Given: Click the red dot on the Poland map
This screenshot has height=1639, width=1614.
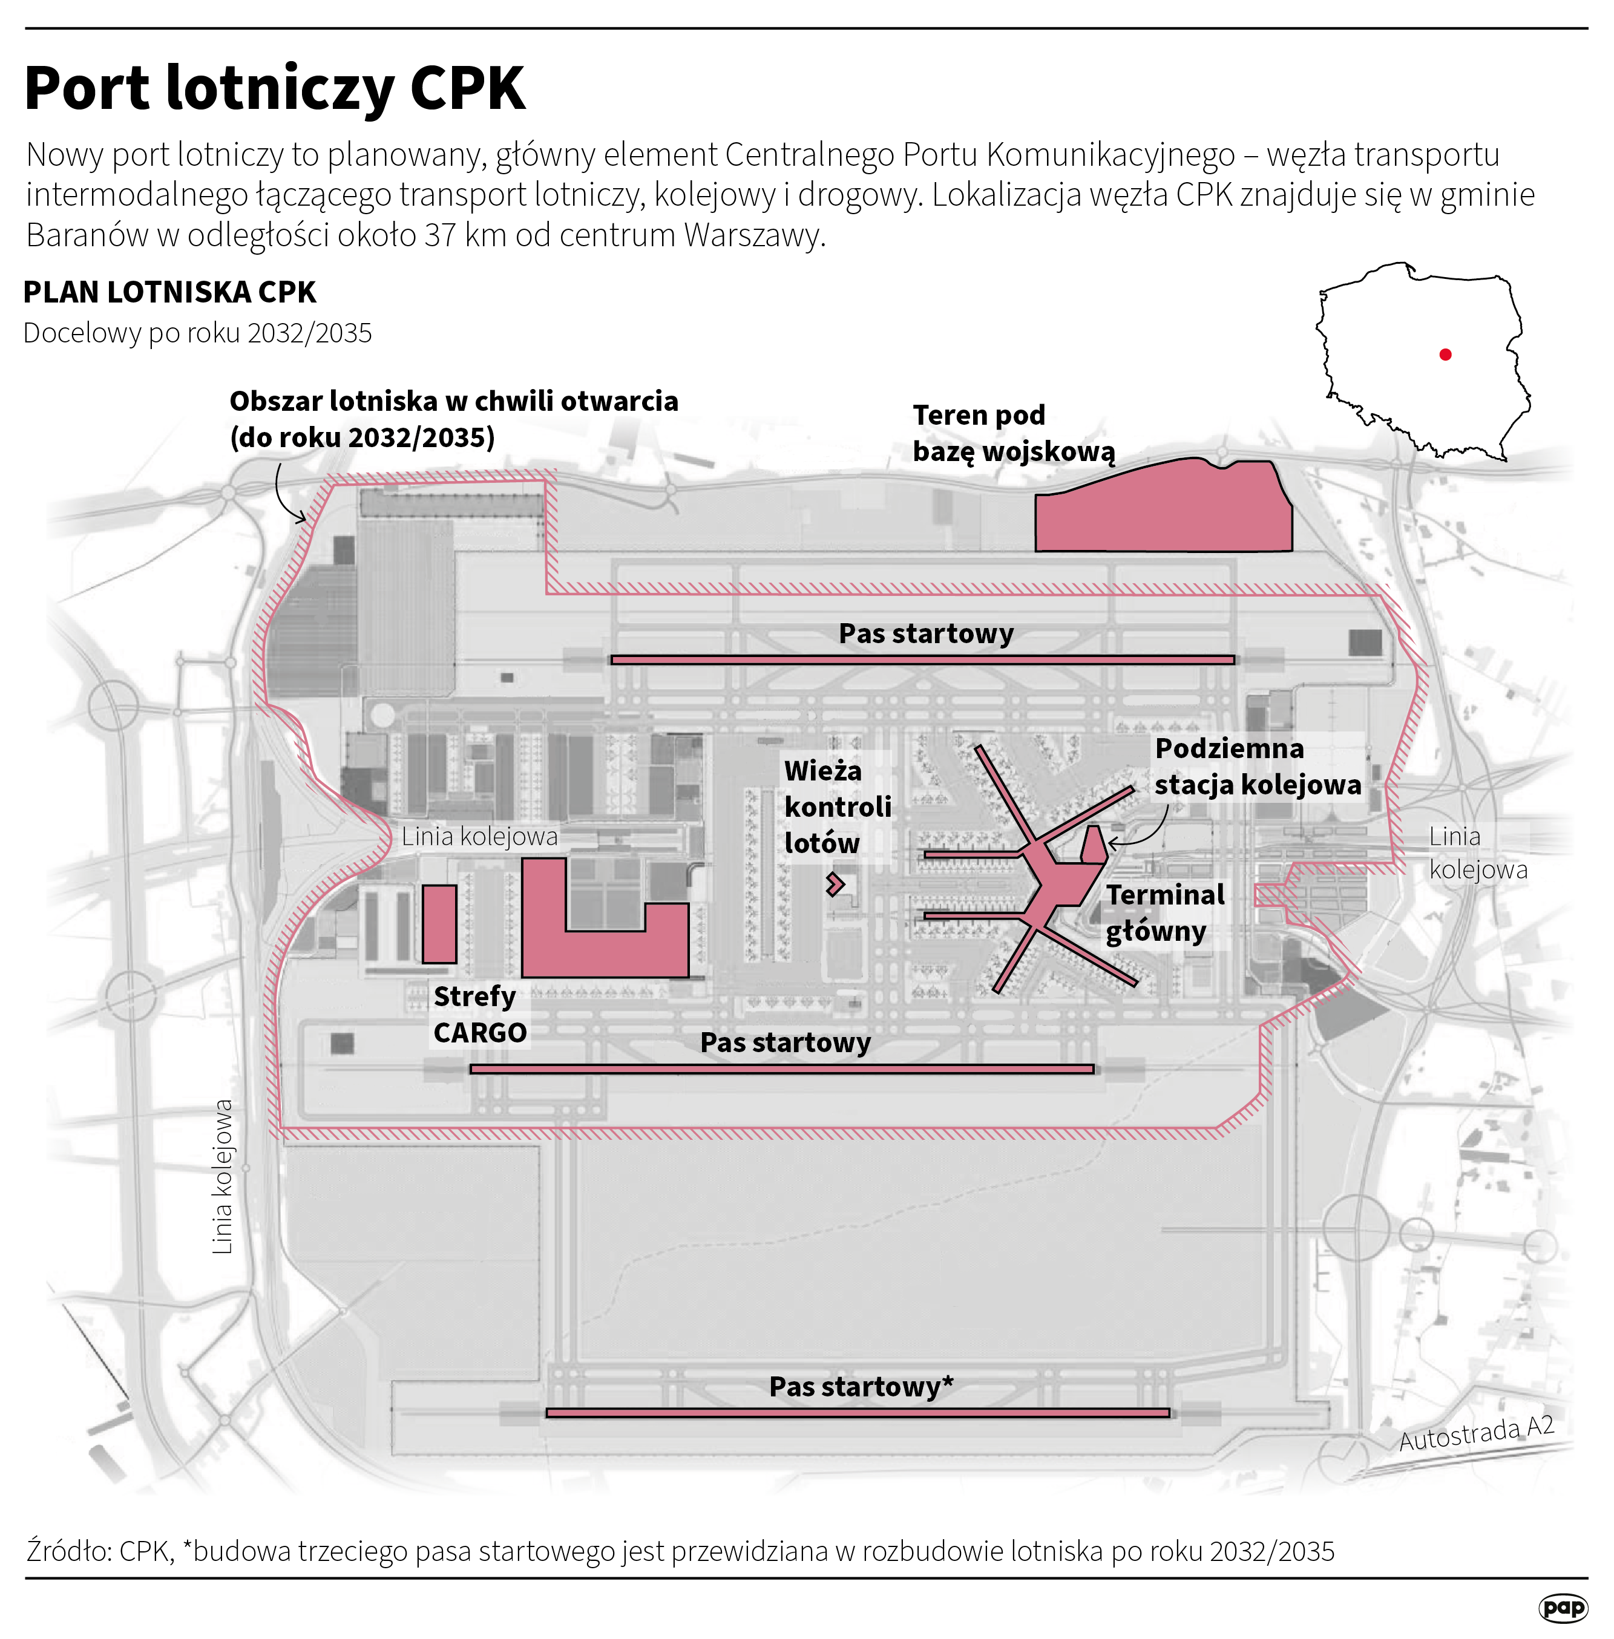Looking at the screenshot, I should pyautogui.click(x=1445, y=355).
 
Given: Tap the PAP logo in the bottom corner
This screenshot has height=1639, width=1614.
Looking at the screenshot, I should pyautogui.click(x=1563, y=1607).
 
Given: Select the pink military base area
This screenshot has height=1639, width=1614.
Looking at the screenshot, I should pyautogui.click(x=1163, y=508).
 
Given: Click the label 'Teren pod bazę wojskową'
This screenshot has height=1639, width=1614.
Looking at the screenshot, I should pyautogui.click(x=1013, y=433).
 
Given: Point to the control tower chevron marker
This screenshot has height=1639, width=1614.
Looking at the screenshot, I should pyautogui.click(x=836, y=884).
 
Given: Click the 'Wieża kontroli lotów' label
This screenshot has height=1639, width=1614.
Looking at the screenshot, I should pyautogui.click(x=837, y=806).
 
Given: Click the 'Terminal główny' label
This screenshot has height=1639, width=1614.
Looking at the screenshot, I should pyautogui.click(x=1165, y=913).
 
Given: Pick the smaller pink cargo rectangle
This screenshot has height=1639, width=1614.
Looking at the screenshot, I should pyautogui.click(x=439, y=924).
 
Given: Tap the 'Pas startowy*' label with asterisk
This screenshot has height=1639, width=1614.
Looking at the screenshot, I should pyautogui.click(x=861, y=1387).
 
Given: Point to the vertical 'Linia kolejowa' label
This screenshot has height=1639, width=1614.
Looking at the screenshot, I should pyautogui.click(x=222, y=1176).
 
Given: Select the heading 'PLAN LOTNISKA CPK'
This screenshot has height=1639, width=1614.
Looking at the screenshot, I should pyautogui.click(x=169, y=292).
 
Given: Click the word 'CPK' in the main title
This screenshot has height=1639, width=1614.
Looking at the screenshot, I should pyautogui.click(x=467, y=88).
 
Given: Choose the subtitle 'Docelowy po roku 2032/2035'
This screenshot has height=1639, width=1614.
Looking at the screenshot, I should pyautogui.click(x=197, y=333).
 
